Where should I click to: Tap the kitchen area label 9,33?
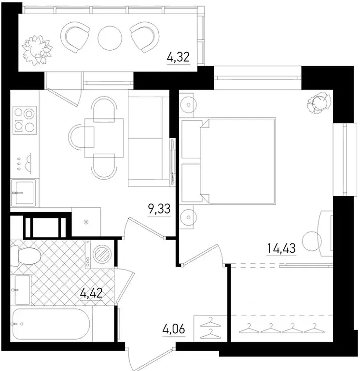point(159,209)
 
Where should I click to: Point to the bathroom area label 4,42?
point(92,293)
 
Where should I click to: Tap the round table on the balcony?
point(109,37)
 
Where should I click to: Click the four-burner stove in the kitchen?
point(24,120)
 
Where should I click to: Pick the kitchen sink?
point(23,193)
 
